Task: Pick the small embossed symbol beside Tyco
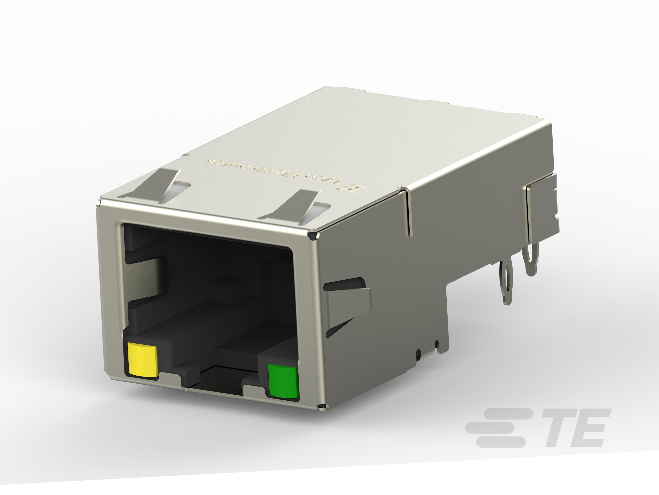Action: click(356, 189)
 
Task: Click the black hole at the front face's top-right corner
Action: click(313, 236)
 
